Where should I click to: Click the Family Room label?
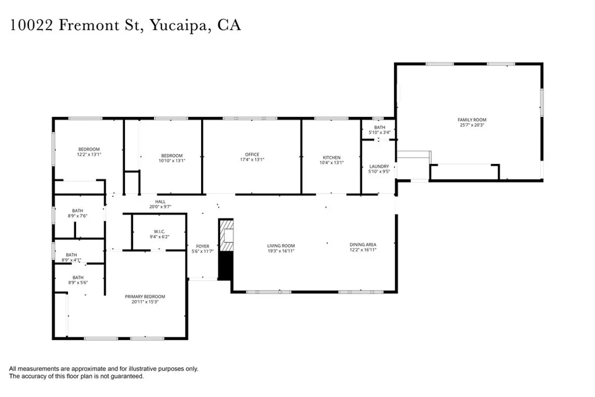(x=472, y=120)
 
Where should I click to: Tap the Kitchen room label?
(x=332, y=158)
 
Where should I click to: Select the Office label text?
(x=252, y=155)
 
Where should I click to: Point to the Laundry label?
(x=379, y=167)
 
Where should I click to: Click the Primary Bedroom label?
(x=145, y=296)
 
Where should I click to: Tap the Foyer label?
(x=203, y=246)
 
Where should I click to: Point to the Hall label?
(x=160, y=201)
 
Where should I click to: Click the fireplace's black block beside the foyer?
(x=225, y=265)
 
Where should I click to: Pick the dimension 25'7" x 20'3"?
(x=472, y=125)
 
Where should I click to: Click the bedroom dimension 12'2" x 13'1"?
(x=89, y=155)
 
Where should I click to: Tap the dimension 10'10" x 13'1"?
(x=172, y=160)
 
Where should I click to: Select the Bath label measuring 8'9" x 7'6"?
(x=78, y=210)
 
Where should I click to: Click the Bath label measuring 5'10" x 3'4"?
(x=379, y=127)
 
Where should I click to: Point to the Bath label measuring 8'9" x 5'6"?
(x=78, y=277)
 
